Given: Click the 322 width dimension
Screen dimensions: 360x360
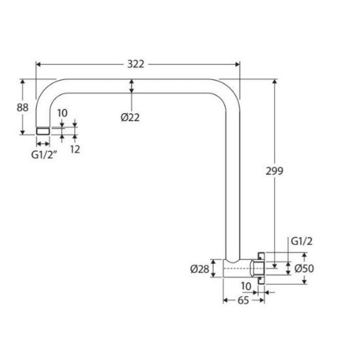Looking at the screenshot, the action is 136,64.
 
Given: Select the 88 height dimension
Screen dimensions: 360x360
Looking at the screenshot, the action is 23,107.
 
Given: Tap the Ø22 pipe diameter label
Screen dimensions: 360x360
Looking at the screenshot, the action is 130,118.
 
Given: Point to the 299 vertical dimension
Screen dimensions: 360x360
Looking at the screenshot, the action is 274,171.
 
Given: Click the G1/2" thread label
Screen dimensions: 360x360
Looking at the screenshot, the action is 44,155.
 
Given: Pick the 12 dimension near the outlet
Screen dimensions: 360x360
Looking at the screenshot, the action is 75,150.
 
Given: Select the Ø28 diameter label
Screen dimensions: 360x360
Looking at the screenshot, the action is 200,269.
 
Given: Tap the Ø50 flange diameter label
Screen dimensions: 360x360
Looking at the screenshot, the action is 304,268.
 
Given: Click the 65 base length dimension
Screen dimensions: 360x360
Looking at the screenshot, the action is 243,300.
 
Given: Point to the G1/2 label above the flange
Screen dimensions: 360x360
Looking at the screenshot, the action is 301,241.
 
